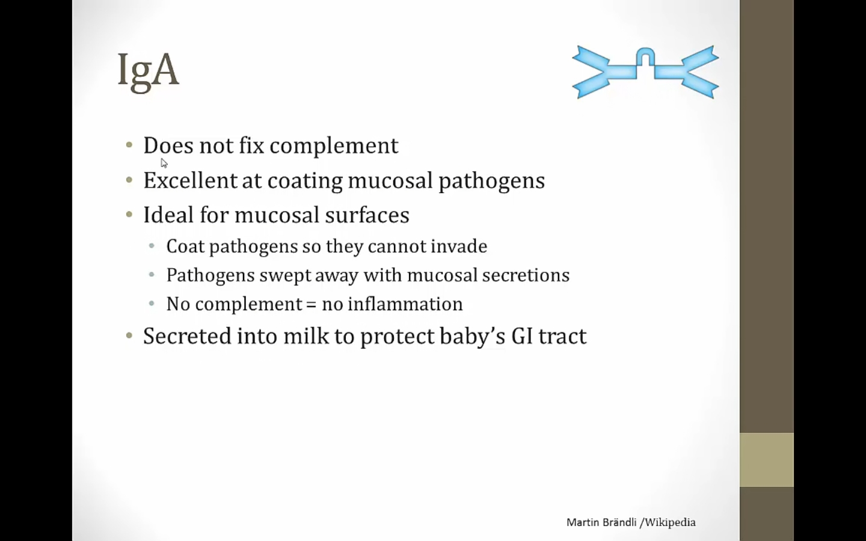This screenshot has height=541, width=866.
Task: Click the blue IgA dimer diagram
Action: (x=645, y=72)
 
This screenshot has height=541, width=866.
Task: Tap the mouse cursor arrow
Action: (x=164, y=163)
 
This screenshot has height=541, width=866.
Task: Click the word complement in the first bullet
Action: (x=334, y=146)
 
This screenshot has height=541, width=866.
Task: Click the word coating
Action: (x=305, y=181)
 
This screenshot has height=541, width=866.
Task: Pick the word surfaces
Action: (x=367, y=215)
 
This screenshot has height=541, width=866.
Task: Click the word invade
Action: (x=459, y=246)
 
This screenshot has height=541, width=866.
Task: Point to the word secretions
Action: (x=526, y=275)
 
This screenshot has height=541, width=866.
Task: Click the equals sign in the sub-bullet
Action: (x=312, y=304)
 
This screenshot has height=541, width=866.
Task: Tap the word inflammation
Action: (x=405, y=304)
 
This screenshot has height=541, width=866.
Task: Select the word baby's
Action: (x=473, y=335)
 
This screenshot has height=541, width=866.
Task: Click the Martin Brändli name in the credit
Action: (x=601, y=522)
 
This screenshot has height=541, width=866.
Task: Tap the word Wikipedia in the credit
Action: (x=671, y=522)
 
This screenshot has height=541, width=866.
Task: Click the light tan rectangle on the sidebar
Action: (x=767, y=460)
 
